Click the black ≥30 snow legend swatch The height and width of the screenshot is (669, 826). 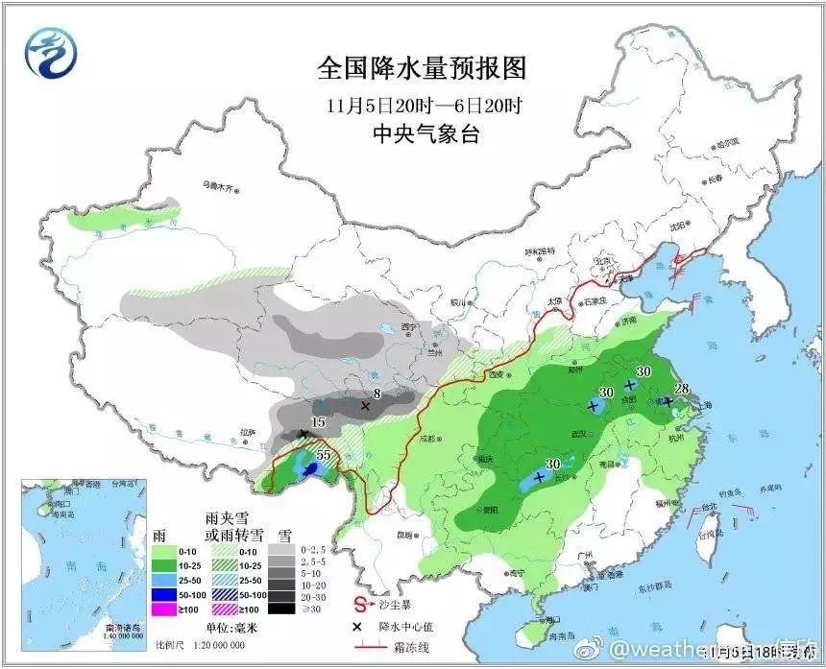pos(279,607)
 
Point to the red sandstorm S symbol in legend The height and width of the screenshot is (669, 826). pos(361,606)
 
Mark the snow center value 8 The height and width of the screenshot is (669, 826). pos(377,393)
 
